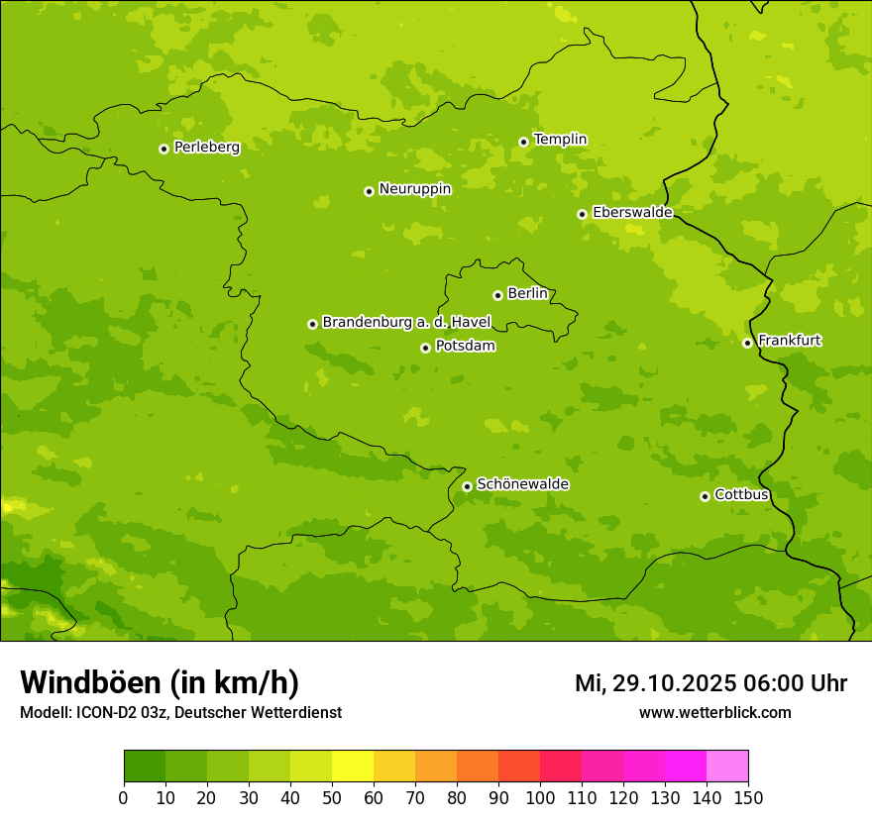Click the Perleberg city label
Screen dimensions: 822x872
[x=206, y=148]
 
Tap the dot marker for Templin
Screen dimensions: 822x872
[x=523, y=142]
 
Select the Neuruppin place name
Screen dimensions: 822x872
[x=414, y=189]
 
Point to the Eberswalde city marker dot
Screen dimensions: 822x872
[x=582, y=214]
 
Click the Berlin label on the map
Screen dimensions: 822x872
[x=527, y=294]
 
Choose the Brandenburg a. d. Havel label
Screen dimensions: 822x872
[x=406, y=323]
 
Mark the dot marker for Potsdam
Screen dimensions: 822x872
[x=425, y=348]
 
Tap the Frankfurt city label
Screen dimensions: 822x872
[x=789, y=341]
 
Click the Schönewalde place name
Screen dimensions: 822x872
[x=522, y=484]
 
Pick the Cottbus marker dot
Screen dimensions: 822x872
[x=705, y=496]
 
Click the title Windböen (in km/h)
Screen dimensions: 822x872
[x=160, y=683]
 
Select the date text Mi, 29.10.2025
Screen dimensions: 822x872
[x=657, y=683]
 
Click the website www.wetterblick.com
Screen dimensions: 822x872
[x=714, y=712]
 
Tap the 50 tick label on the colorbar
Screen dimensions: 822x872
[x=332, y=797]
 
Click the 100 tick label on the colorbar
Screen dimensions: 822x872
[x=540, y=797]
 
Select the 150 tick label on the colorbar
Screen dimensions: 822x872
[x=748, y=797]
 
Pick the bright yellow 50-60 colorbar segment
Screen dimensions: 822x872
[x=353, y=767]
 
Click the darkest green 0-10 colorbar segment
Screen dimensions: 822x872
[x=145, y=767]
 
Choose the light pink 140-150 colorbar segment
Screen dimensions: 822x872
[x=727, y=767]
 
